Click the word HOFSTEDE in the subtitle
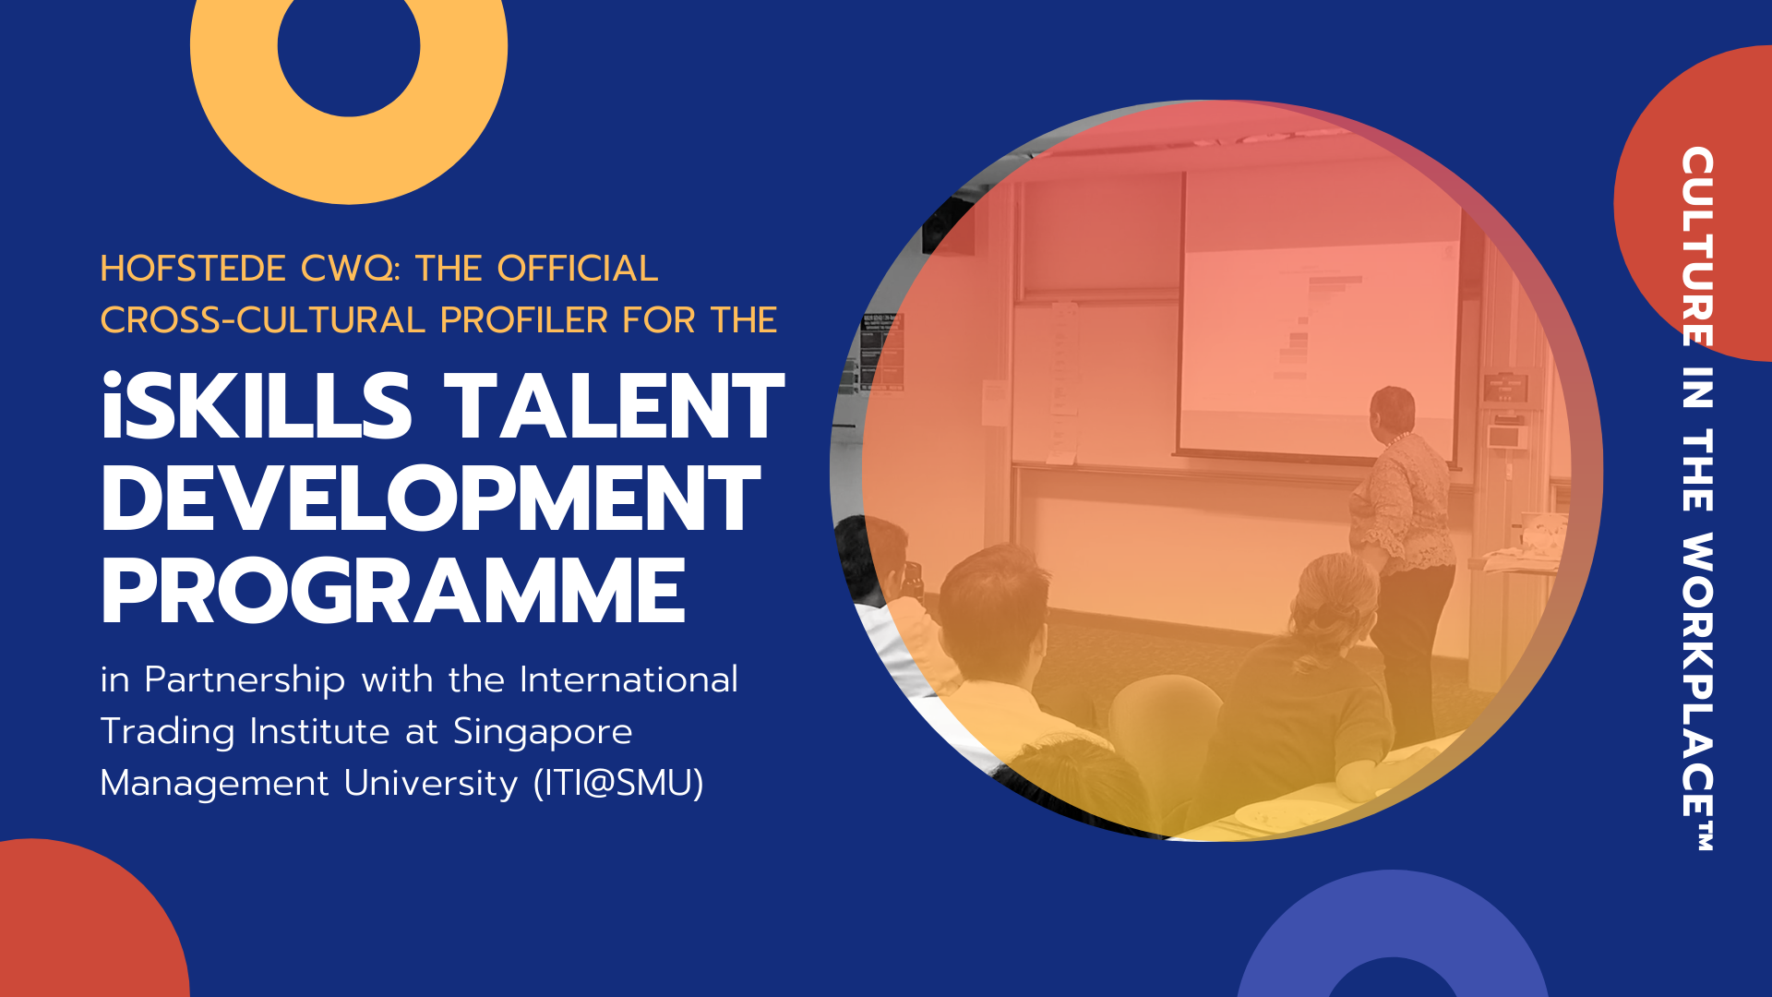tap(193, 269)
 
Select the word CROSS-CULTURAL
tap(262, 320)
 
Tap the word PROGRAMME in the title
tap(393, 591)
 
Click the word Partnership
tap(245, 681)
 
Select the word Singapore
tap(543, 733)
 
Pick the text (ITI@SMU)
tap(618, 783)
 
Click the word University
tap(431, 785)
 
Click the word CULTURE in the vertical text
tap(1697, 246)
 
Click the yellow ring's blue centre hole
tap(349, 46)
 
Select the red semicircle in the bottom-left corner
tap(88, 923)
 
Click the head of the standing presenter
tap(1392, 414)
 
